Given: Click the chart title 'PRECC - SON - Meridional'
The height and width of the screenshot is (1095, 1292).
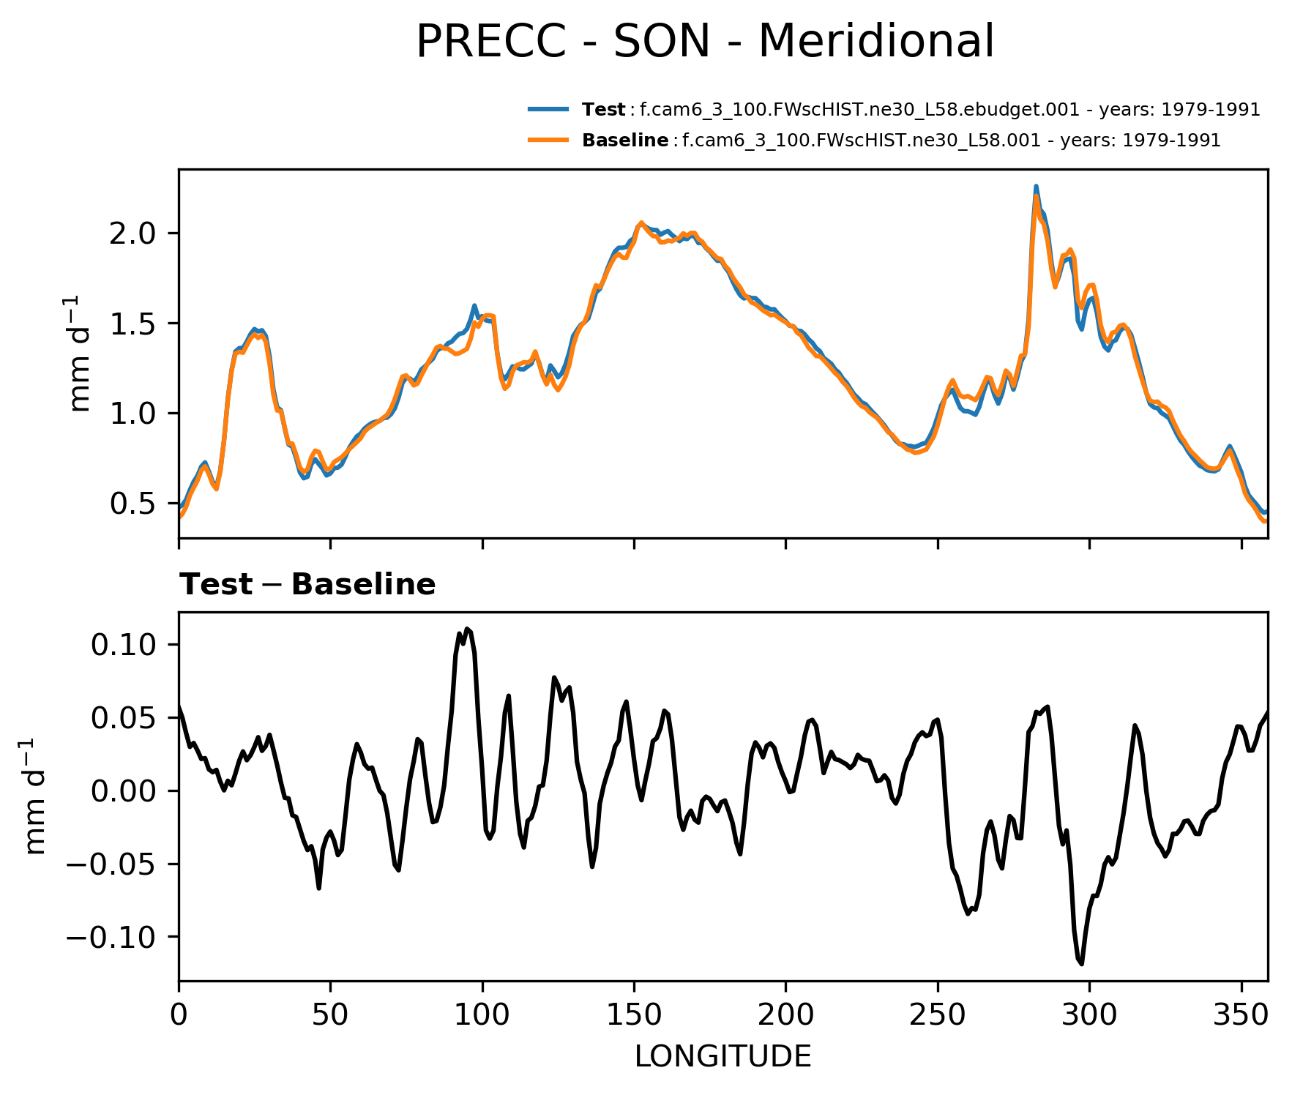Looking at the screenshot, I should click(x=705, y=41).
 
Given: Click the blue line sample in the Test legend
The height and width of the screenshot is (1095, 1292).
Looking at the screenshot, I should click(x=548, y=109).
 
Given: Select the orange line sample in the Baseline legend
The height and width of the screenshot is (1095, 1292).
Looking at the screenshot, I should click(x=548, y=140).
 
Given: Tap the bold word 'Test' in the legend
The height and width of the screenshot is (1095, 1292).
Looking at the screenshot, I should click(x=603, y=110).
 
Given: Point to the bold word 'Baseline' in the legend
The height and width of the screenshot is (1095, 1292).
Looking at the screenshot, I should click(x=624, y=141).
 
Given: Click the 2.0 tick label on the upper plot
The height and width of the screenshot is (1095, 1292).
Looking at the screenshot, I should click(x=133, y=233).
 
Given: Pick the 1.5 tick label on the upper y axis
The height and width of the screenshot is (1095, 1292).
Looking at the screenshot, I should click(x=133, y=324).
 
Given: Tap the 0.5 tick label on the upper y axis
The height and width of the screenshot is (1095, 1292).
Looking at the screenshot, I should click(x=133, y=504).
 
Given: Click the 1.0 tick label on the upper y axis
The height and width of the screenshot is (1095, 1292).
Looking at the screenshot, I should click(x=133, y=414).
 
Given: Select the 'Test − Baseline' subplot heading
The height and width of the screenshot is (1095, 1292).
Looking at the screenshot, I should click(x=307, y=585).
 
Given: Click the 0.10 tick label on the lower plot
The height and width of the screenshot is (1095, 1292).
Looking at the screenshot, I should click(x=123, y=645).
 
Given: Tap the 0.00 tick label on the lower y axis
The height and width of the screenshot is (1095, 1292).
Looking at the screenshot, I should click(x=123, y=791).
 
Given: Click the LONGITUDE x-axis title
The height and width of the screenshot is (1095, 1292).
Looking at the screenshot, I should click(x=722, y=1056).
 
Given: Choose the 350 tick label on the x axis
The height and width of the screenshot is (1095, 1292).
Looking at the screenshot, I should click(x=1241, y=1015).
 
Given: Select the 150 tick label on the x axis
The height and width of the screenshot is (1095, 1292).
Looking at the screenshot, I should click(x=634, y=1015).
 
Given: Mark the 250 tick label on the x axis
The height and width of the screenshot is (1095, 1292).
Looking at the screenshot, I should click(x=937, y=1015).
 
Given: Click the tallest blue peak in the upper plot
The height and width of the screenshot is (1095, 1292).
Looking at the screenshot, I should click(x=1036, y=187).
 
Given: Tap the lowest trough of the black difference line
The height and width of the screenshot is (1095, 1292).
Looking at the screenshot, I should click(x=1081, y=964).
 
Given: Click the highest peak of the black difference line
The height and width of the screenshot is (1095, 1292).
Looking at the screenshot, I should click(x=467, y=629).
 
